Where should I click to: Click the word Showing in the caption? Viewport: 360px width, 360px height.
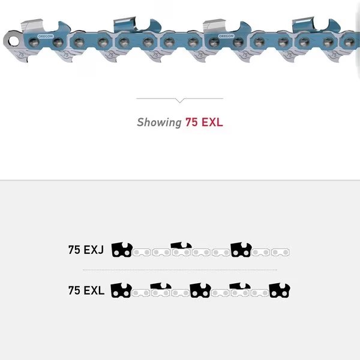159,122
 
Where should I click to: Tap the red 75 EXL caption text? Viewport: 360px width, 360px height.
204,122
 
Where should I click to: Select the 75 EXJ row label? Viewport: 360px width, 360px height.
86,250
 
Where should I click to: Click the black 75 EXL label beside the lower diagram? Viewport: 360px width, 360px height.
86,291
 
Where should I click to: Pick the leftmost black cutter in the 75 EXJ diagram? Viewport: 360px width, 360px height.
122,250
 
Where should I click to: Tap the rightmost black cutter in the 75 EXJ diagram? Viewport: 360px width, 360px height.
241,250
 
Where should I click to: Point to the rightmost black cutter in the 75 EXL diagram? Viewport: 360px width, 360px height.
280,291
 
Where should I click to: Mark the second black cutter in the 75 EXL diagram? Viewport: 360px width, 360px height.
160,286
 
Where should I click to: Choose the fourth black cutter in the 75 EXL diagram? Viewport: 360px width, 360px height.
239,286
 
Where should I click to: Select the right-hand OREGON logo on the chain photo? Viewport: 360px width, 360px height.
226,36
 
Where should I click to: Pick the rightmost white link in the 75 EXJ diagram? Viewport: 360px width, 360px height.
281,252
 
